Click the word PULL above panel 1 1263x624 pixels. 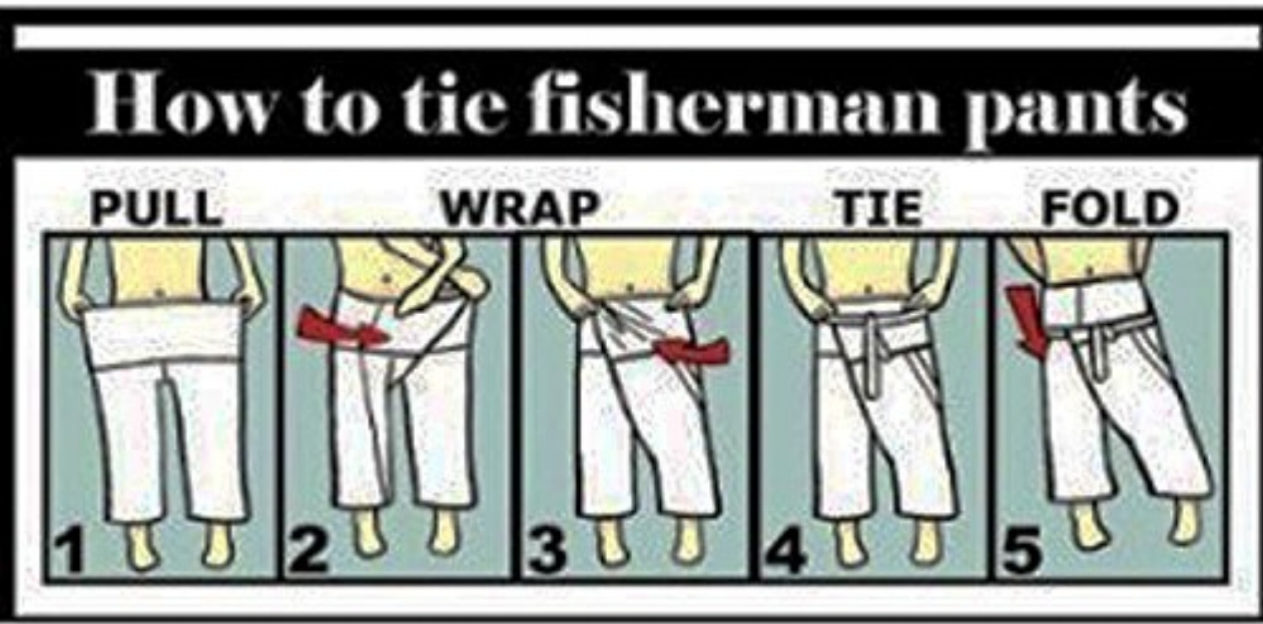coord(157,210)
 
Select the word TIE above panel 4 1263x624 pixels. coord(881,210)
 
